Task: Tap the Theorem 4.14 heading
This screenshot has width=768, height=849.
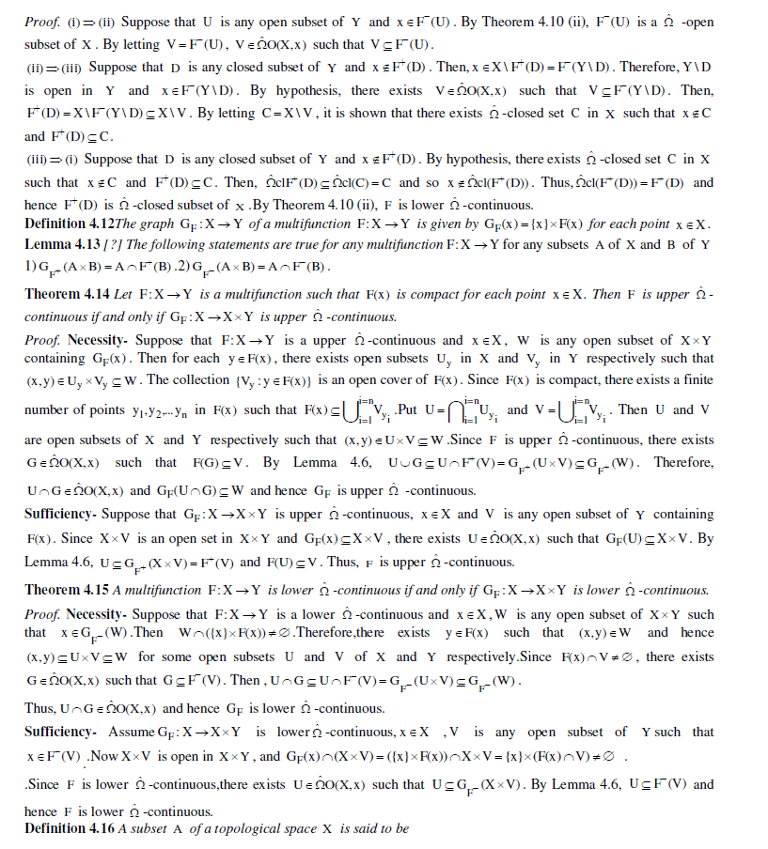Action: [x=66, y=295]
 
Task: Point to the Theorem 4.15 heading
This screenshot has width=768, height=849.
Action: [x=66, y=590]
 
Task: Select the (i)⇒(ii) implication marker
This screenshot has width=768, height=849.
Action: [x=71, y=22]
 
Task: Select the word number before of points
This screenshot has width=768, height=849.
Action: [x=46, y=410]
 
